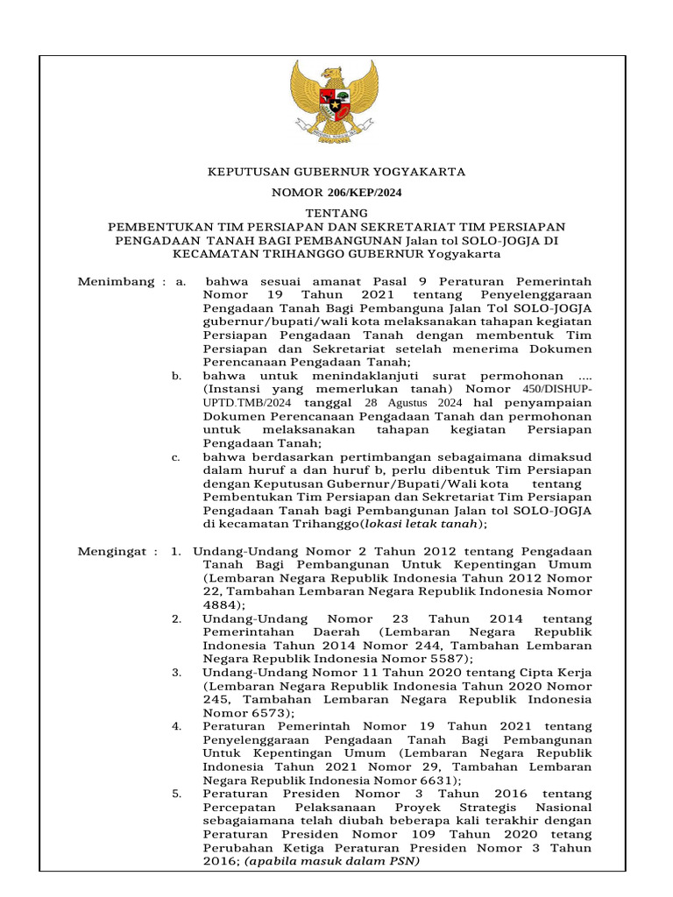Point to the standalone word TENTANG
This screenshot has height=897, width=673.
pyautogui.click(x=336, y=213)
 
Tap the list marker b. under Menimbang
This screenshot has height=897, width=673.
pyautogui.click(x=176, y=376)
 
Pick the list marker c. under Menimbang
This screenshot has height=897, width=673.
pyautogui.click(x=176, y=456)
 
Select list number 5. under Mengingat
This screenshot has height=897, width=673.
pyautogui.click(x=176, y=794)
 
